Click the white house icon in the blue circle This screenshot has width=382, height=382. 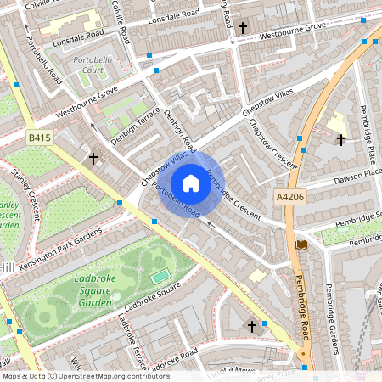pyautogui.click(x=191, y=183)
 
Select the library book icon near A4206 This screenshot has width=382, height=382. pyautogui.click(x=300, y=245)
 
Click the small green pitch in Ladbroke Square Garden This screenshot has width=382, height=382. pyautogui.click(x=160, y=276)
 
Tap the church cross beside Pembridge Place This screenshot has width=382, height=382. pyautogui.click(x=341, y=139)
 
